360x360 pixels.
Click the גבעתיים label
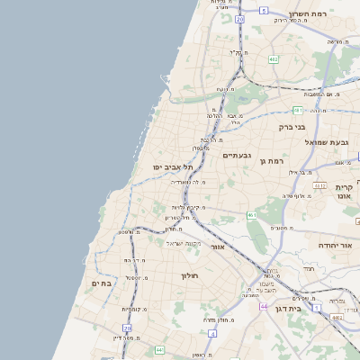[x=238, y=155]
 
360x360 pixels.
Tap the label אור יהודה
[x=338, y=245]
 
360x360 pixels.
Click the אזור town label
[x=217, y=246]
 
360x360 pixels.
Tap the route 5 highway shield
[x=264, y=10]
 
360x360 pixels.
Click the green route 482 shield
[x=272, y=59]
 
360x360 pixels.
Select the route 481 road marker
[x=297, y=110]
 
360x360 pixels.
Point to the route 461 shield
[x=252, y=216]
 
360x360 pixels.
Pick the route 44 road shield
[x=264, y=306]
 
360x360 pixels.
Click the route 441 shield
[x=159, y=349]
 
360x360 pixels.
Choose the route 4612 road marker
[x=319, y=185]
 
